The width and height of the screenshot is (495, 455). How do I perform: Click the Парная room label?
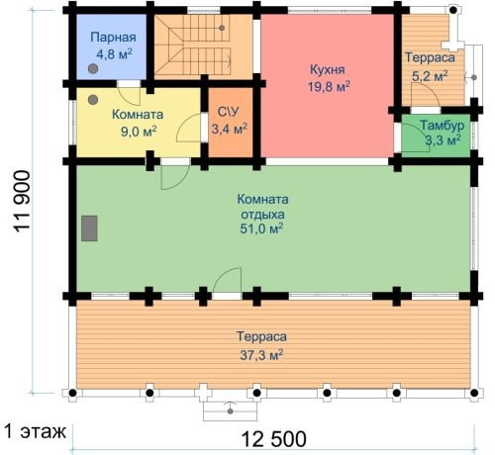pyautogui.click(x=113, y=38)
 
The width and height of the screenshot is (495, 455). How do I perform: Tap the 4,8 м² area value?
pyautogui.click(x=114, y=53)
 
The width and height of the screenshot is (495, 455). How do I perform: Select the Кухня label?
pyautogui.click(x=328, y=70)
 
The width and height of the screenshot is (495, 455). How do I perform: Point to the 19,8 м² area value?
pyautogui.click(x=329, y=87)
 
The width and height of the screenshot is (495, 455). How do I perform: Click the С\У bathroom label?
pyautogui.click(x=228, y=112)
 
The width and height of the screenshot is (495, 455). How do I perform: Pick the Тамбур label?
pyautogui.click(x=442, y=126)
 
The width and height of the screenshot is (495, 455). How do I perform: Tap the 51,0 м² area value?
pyautogui.click(x=261, y=228)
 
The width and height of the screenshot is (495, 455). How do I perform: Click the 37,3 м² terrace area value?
pyautogui.click(x=261, y=355)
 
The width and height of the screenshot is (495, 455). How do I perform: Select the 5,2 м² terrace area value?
pyautogui.click(x=430, y=76)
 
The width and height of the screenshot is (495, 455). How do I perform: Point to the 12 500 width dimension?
pyautogui.click(x=274, y=439)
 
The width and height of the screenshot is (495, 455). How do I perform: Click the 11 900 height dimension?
pyautogui.click(x=22, y=202)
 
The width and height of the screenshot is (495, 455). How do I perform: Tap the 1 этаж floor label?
pyautogui.click(x=35, y=431)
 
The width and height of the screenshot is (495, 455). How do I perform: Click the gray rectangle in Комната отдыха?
pyautogui.click(x=89, y=228)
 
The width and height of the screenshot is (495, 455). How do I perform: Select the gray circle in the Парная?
pyautogui.click(x=93, y=68)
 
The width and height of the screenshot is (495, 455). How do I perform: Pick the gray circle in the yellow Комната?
pyautogui.click(x=93, y=100)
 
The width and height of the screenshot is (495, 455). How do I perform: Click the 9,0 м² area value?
pyautogui.click(x=139, y=132)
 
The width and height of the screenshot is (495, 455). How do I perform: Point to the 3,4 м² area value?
pyautogui.click(x=230, y=129)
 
